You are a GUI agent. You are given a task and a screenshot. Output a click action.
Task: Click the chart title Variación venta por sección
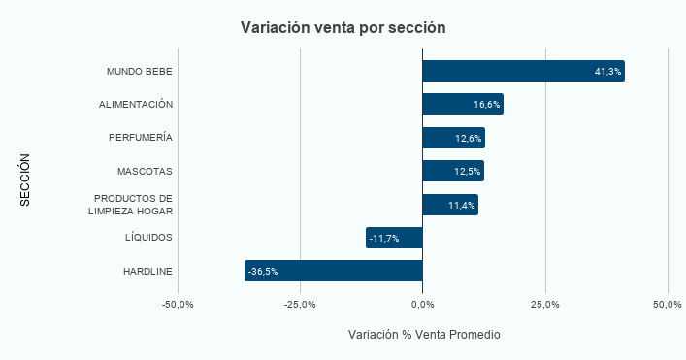(343, 27)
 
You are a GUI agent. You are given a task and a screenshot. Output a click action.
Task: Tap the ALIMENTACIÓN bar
(456, 104)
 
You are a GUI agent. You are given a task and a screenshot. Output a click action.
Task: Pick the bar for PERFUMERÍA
(446, 138)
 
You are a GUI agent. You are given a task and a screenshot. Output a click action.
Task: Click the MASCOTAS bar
(446, 171)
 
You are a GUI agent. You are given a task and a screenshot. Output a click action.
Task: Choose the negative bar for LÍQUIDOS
(388, 238)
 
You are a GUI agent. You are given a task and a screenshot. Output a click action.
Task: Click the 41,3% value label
(607, 72)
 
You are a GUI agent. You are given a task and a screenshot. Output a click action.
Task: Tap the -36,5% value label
(263, 272)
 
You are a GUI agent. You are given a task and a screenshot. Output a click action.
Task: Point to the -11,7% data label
(384, 239)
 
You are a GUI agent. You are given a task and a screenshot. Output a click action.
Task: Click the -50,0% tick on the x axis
(178, 305)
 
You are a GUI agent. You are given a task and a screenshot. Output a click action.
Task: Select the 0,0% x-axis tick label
(422, 305)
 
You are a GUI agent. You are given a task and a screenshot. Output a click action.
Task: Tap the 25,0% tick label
(545, 305)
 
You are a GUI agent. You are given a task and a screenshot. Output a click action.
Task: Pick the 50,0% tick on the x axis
(668, 305)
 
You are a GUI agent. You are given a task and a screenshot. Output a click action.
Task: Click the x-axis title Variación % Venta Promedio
(423, 335)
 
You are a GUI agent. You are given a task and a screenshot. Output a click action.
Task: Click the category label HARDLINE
(147, 272)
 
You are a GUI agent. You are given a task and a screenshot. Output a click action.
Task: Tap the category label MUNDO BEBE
(140, 72)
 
